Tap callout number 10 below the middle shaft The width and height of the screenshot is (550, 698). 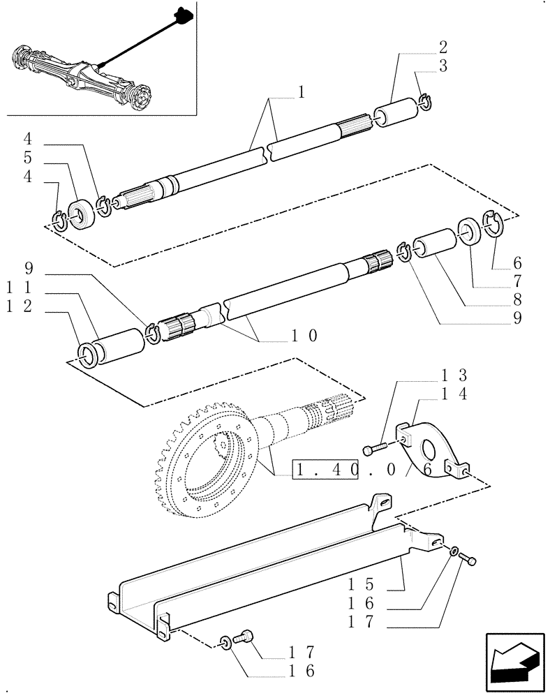[305, 336]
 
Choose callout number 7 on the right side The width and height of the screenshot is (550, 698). [517, 282]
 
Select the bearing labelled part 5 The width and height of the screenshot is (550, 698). [82, 214]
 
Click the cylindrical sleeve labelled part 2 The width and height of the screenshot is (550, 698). [394, 114]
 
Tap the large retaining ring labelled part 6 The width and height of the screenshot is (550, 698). [494, 225]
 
